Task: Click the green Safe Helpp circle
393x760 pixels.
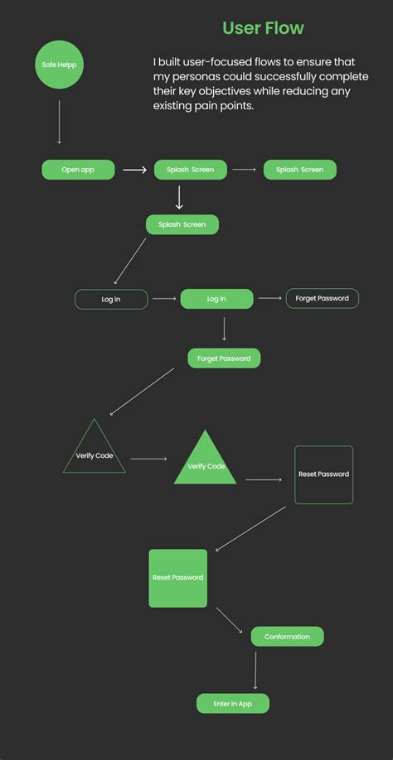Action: (60, 65)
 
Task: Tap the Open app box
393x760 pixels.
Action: (78, 170)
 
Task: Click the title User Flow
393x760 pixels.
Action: (263, 28)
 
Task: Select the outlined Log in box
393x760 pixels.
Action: (111, 299)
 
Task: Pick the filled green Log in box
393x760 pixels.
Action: (216, 299)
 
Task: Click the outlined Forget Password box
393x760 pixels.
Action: (323, 299)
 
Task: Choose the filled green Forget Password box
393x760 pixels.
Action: (224, 358)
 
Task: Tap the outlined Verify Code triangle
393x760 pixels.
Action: (95, 452)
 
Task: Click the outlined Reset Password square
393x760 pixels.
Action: (323, 474)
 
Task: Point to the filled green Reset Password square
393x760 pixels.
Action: (177, 578)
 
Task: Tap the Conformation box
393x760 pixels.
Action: (287, 637)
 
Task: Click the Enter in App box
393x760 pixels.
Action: (233, 704)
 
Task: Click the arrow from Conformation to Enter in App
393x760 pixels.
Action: (255, 670)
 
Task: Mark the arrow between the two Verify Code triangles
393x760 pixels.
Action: (149, 458)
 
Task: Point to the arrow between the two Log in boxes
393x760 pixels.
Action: (164, 299)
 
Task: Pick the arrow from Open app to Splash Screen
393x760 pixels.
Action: (134, 170)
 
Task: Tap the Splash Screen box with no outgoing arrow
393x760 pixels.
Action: (300, 170)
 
